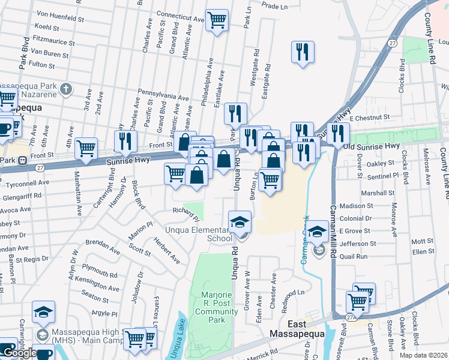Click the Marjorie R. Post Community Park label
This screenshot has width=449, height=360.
click(212, 303)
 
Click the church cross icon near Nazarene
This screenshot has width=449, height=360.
click(66, 90)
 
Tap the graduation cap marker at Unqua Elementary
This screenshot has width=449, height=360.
click(240, 221)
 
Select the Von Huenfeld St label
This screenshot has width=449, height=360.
click(60, 19)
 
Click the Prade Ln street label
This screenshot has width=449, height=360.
click(276, 6)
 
